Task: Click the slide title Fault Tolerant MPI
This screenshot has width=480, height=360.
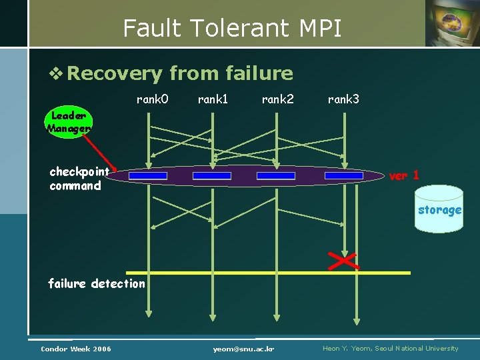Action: pyautogui.click(x=232, y=28)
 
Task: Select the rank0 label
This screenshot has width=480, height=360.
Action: pyautogui.click(x=152, y=99)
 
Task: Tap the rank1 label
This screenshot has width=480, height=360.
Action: pyautogui.click(x=213, y=99)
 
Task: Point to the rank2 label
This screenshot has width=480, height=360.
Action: pyautogui.click(x=277, y=99)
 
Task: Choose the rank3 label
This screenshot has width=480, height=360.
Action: pyautogui.click(x=343, y=99)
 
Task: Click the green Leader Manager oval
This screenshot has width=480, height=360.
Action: pyautogui.click(x=69, y=121)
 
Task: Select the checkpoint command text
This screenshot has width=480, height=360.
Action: pyautogui.click(x=79, y=179)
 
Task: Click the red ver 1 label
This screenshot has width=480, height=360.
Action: pyautogui.click(x=404, y=175)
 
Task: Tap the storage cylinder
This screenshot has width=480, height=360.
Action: pyautogui.click(x=439, y=209)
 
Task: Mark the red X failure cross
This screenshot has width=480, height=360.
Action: pyautogui.click(x=344, y=261)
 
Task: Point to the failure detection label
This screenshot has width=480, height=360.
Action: pyautogui.click(x=97, y=283)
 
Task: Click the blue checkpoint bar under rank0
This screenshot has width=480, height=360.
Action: pyautogui.click(x=148, y=176)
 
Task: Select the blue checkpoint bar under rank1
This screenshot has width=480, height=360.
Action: pyautogui.click(x=212, y=176)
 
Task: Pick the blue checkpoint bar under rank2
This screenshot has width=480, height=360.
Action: pyautogui.click(x=276, y=176)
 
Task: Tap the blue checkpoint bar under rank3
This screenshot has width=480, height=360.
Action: pyautogui.click(x=344, y=176)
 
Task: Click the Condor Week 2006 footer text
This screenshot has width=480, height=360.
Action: pyautogui.click(x=76, y=349)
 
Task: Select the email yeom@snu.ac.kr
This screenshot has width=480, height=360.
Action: pyautogui.click(x=244, y=349)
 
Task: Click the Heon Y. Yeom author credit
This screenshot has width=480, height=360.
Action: pyautogui.click(x=391, y=349)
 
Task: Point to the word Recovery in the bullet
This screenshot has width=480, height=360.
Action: pyautogui.click(x=115, y=73)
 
